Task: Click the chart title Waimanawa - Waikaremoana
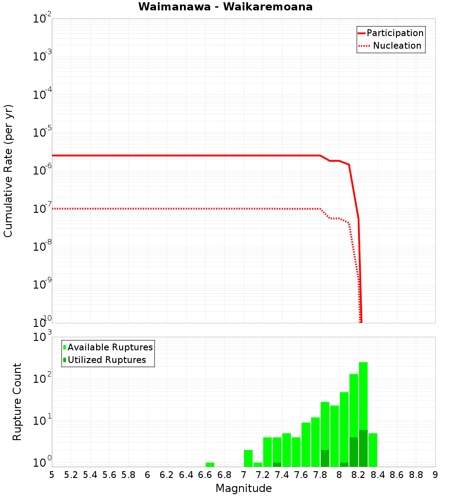pos(225,7)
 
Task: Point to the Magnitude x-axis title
pos(244,488)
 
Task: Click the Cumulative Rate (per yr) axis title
pos(8,171)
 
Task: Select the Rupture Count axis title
pos(17,401)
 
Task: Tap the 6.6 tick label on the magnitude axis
pos(205,475)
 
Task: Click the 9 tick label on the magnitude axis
pos(435,475)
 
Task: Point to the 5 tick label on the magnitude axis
pos(52,475)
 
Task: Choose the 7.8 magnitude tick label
pos(320,475)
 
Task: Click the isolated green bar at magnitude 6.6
pos(210,464)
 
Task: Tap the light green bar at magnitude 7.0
pos(248,458)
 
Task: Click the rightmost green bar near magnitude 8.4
pos(373,450)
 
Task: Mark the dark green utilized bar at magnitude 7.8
pos(325,458)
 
